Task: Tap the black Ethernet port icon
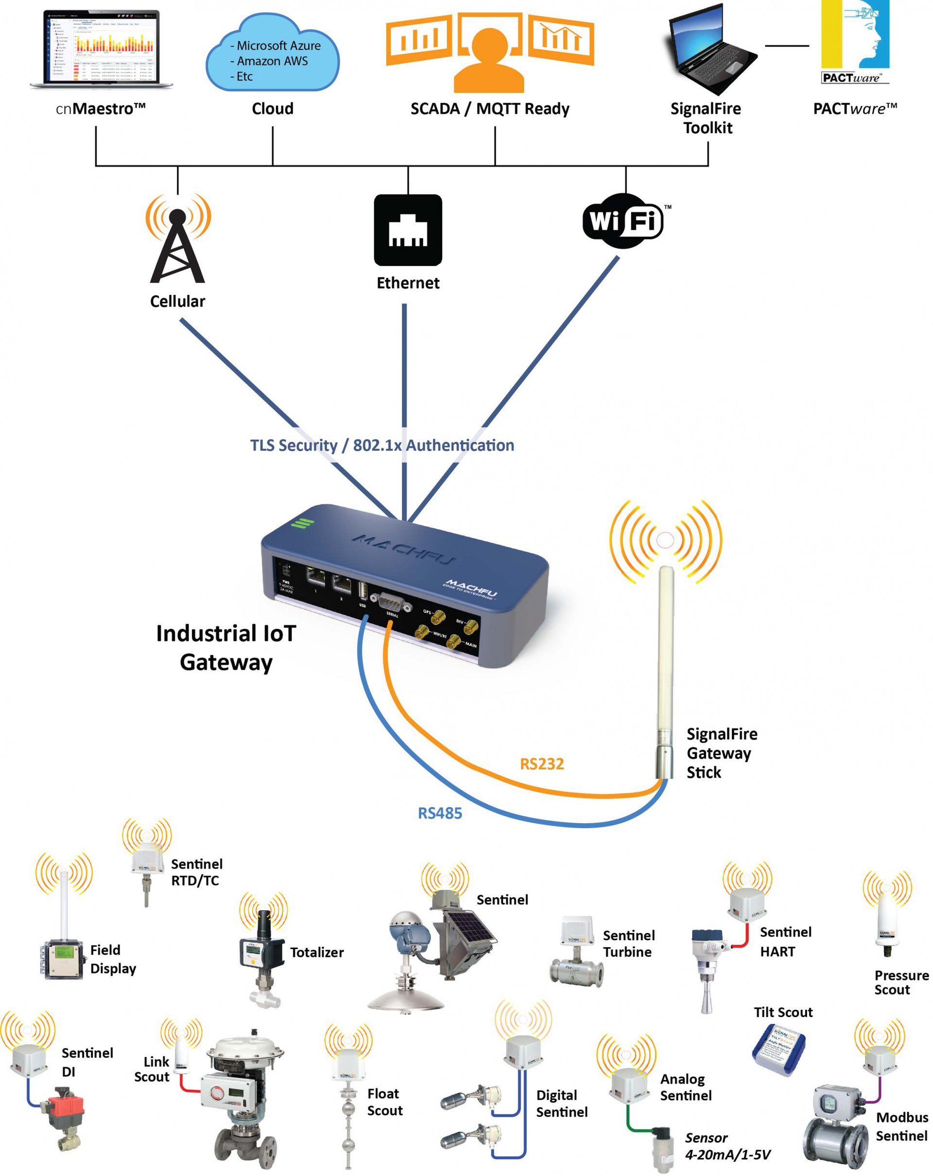tap(407, 230)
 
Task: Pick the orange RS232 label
tap(541, 763)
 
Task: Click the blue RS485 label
tap(439, 813)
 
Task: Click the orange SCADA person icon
tap(489, 57)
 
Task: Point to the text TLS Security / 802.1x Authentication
tap(382, 445)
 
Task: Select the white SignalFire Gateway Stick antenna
tap(665, 671)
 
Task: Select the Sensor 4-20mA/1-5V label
tap(727, 1146)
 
